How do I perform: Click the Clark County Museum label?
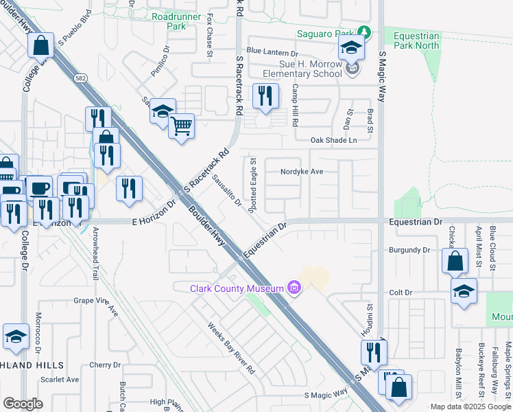pyautogui.click(x=237, y=288)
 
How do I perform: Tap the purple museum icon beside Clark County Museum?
pyautogui.click(x=294, y=287)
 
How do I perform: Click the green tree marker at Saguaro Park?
pyautogui.click(x=366, y=33)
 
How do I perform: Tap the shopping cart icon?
pyautogui.click(x=182, y=126)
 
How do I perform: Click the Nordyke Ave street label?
pyautogui.click(x=301, y=172)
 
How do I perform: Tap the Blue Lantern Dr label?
pyautogui.click(x=272, y=51)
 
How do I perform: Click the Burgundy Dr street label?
pyautogui.click(x=409, y=251)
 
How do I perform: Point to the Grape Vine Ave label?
pyautogui.click(x=96, y=301)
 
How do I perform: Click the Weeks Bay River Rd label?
pyautogui.click(x=231, y=348)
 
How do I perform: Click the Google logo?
pyautogui.click(x=23, y=404)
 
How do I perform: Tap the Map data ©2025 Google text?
pyautogui.click(x=470, y=407)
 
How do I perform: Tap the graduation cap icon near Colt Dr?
pyautogui.click(x=464, y=292)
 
